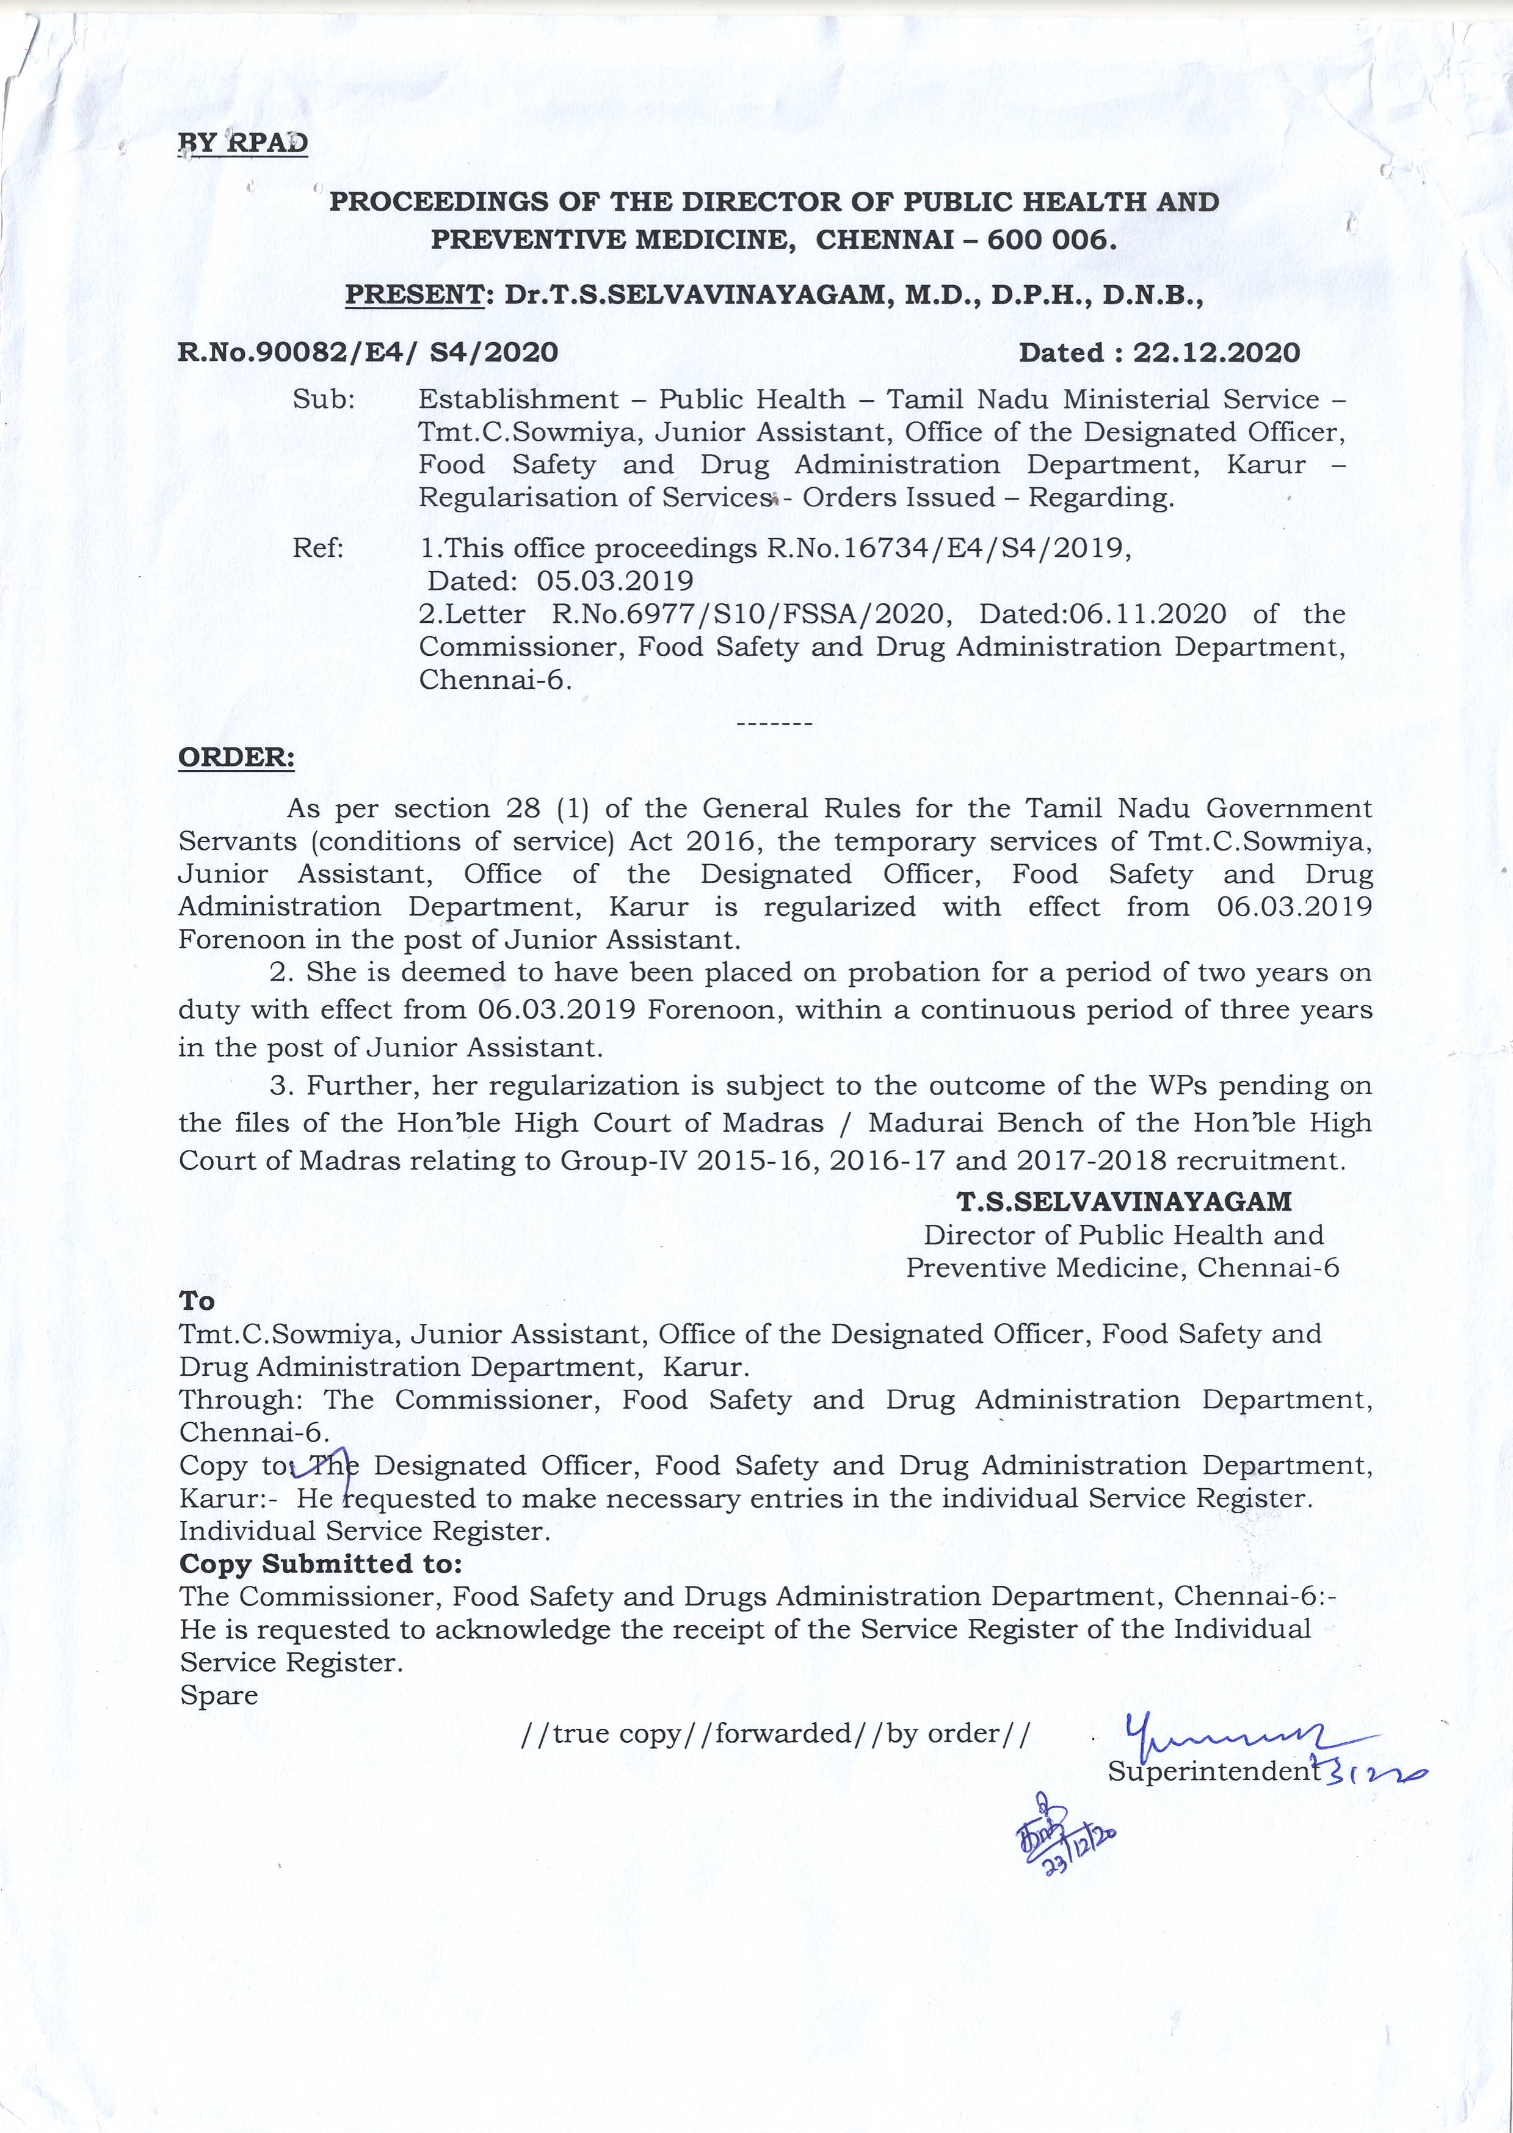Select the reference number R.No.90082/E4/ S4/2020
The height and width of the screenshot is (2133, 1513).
(x=368, y=352)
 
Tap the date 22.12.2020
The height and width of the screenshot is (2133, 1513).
(x=1216, y=352)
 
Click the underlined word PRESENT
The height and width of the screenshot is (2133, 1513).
(x=411, y=296)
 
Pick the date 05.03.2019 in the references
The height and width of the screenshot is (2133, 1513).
(x=615, y=581)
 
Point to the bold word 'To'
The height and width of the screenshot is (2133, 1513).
(x=197, y=1301)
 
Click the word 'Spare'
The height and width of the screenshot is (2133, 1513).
(x=219, y=1694)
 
